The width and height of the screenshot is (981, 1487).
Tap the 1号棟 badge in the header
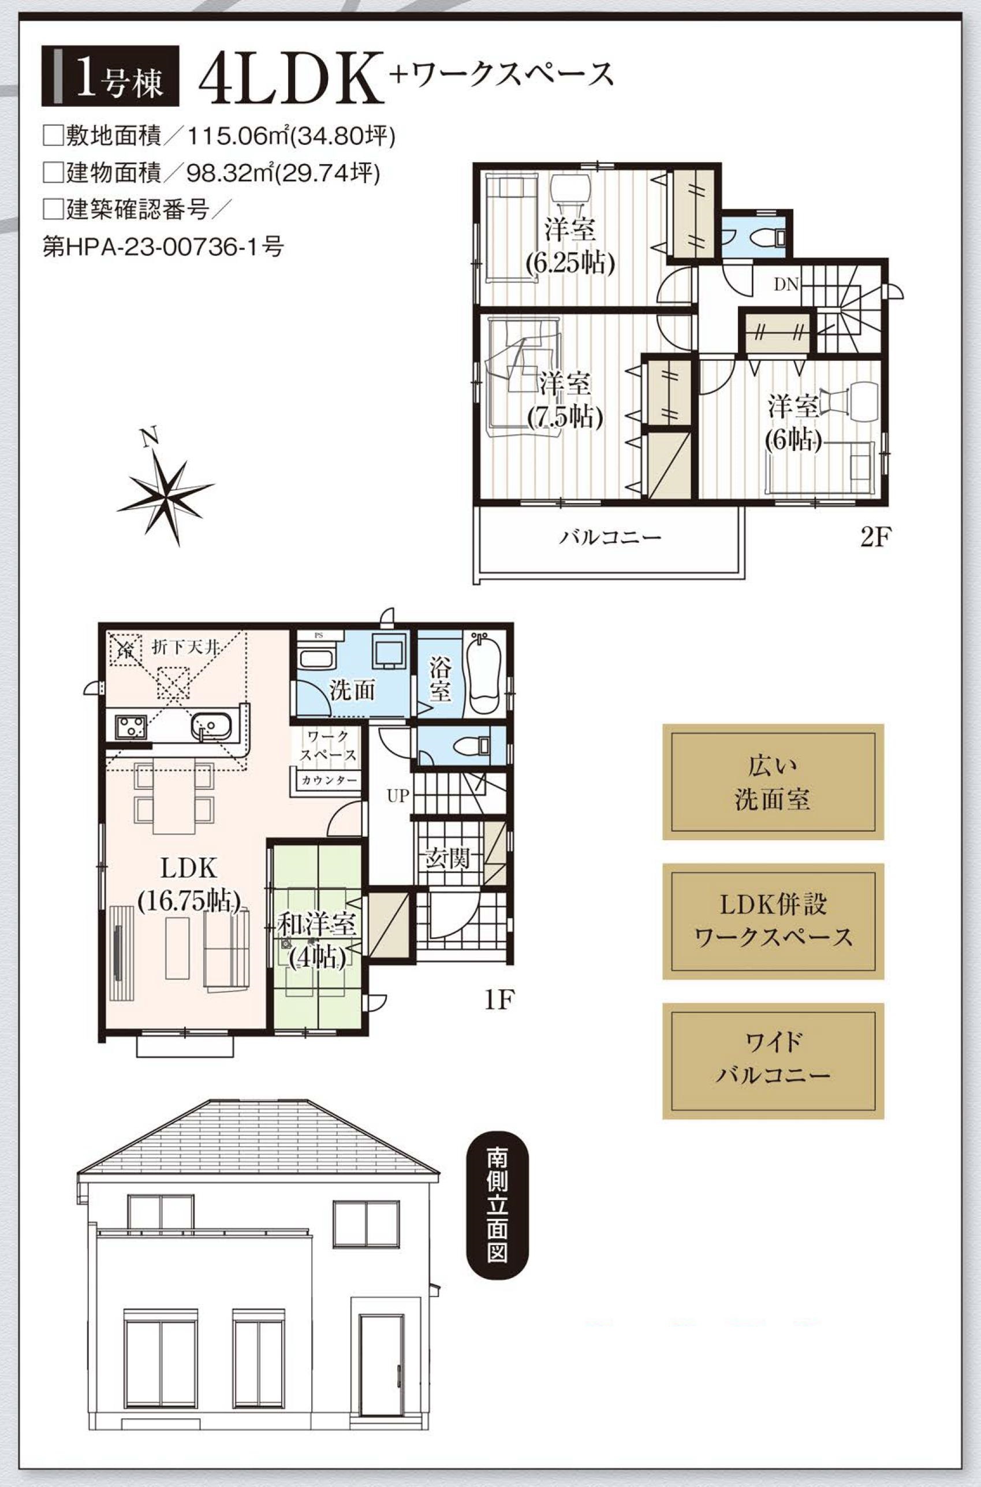(x=111, y=76)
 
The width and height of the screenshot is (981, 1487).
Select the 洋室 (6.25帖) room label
(x=570, y=247)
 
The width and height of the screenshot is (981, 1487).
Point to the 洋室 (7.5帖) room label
(x=565, y=400)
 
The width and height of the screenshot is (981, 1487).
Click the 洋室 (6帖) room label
(x=794, y=422)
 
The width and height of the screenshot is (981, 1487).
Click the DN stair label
(x=786, y=285)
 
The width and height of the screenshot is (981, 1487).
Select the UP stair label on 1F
(x=398, y=796)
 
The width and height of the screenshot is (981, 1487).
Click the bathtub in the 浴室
(x=485, y=673)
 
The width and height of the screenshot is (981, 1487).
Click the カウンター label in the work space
(x=329, y=780)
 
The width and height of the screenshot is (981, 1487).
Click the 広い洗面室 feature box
(x=773, y=782)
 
